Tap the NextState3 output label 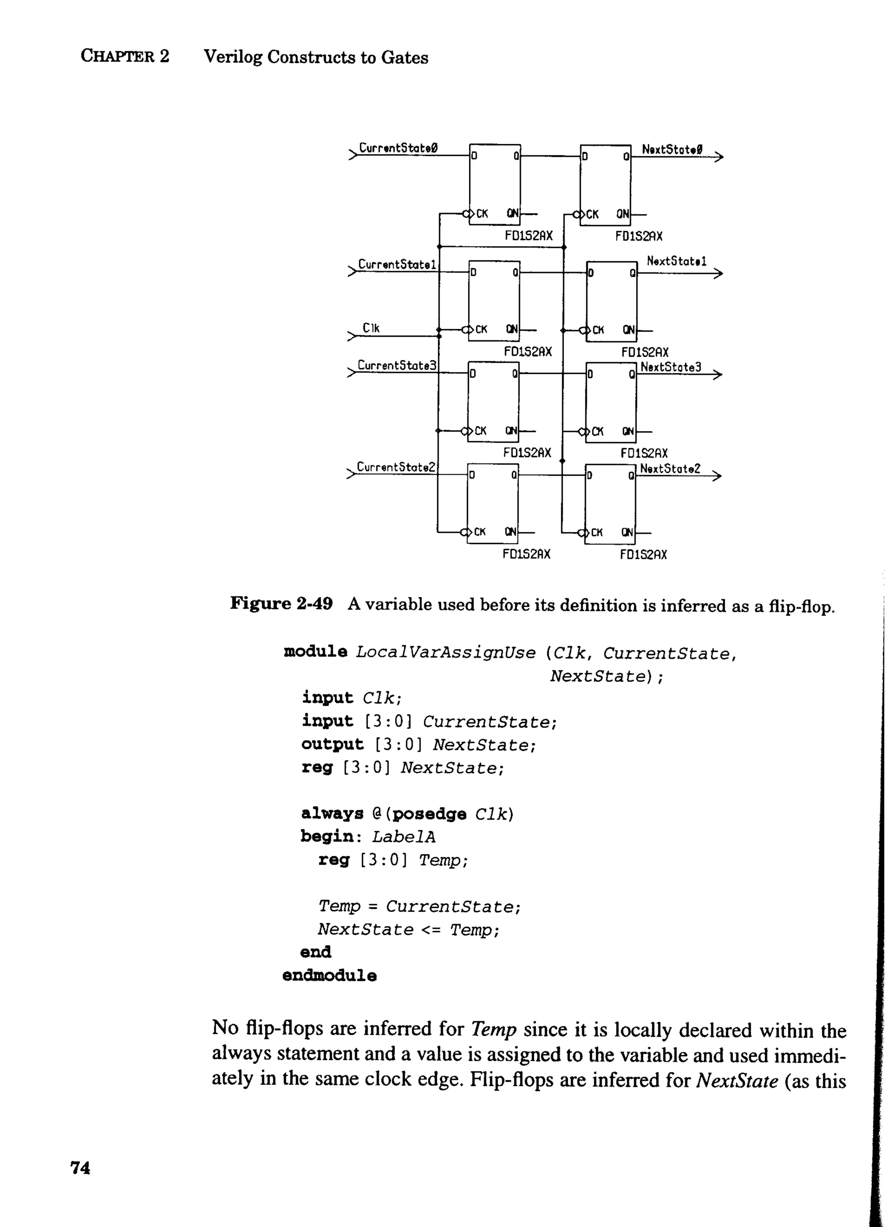point(671,367)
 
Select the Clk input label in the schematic point(371,328)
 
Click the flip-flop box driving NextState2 point(610,504)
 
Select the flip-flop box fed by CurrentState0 point(494,184)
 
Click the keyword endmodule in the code point(330,975)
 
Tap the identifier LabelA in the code point(404,837)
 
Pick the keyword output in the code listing point(332,745)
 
